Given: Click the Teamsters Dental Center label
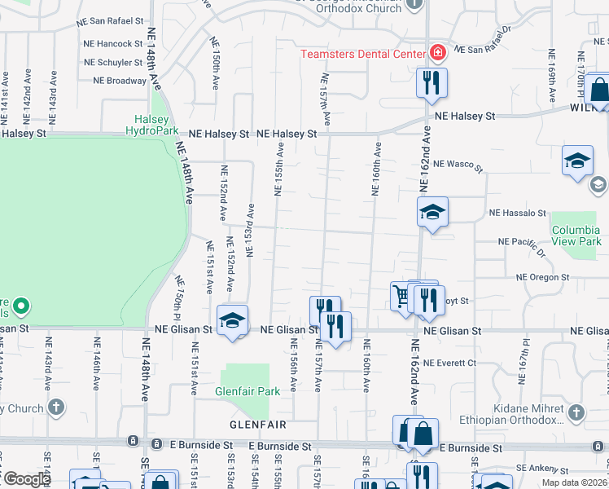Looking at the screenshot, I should (363, 55).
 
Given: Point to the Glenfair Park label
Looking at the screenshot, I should (248, 391).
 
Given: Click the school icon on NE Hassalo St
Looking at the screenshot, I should (432, 214).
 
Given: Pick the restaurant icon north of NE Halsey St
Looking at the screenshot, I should (432, 82).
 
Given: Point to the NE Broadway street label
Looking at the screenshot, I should (120, 81).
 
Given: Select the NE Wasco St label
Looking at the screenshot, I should (458, 166).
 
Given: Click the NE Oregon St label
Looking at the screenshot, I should (542, 277).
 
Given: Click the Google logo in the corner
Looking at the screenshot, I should (26, 479).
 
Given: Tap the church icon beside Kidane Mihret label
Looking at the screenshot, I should (577, 412).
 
